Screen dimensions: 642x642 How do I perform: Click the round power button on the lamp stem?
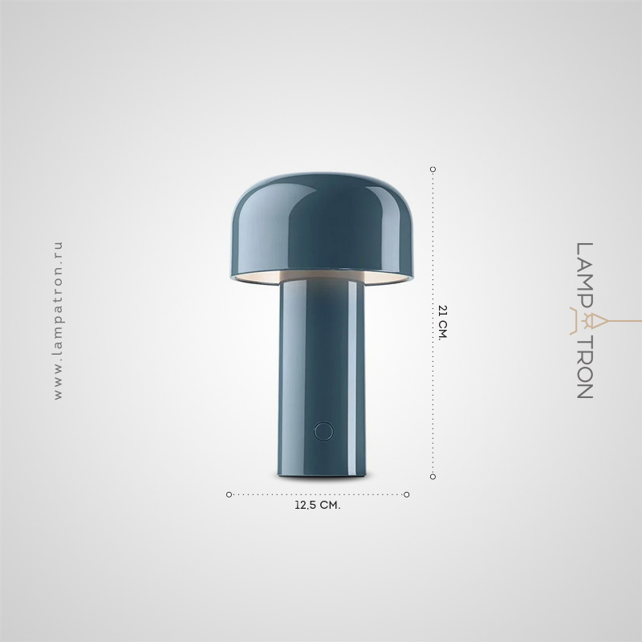[323, 431]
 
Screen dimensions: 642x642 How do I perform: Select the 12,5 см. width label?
[317, 506]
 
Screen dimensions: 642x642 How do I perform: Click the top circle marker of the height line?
[433, 169]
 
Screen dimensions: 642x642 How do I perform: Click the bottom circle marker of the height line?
[433, 477]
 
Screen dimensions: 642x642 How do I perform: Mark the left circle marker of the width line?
[229, 494]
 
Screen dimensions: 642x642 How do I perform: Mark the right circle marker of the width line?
[407, 494]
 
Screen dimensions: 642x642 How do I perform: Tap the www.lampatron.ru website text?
[59, 320]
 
